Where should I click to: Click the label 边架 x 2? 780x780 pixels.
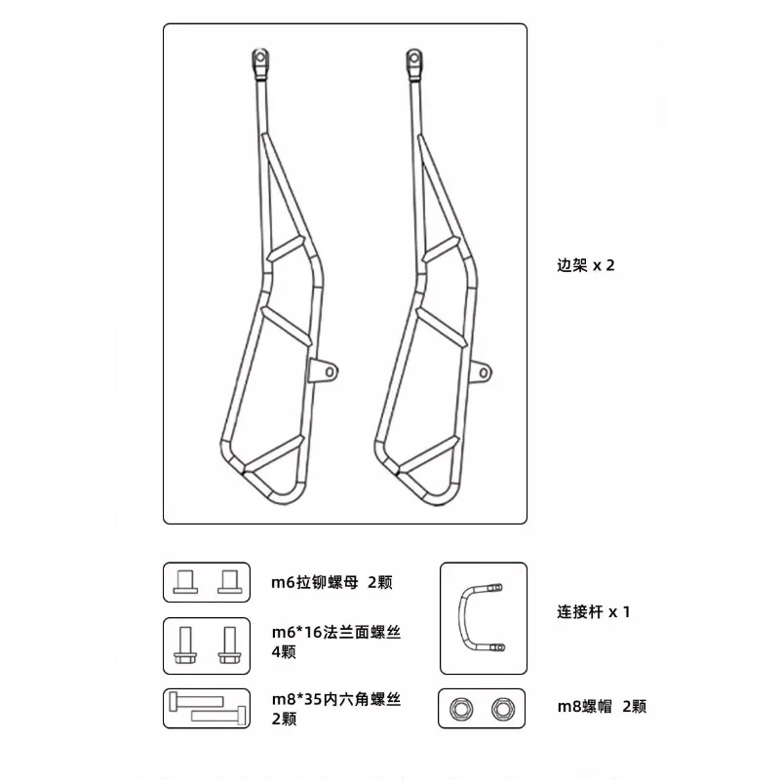586,265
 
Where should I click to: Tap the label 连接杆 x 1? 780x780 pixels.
594,611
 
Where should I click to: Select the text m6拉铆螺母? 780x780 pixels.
314,582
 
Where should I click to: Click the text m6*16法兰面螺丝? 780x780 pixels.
336,632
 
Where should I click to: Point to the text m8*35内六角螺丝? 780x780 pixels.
336,699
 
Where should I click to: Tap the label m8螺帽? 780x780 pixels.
584,706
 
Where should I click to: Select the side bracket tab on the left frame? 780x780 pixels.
323,371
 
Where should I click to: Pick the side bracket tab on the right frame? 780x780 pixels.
481,372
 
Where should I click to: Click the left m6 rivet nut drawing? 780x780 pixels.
185,582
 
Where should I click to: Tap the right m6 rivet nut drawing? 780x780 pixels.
229,582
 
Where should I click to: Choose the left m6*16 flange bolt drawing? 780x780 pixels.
185,645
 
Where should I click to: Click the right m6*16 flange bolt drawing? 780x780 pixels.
229,645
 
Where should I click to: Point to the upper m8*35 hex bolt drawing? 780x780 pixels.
196,701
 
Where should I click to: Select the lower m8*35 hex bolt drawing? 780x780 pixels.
218,717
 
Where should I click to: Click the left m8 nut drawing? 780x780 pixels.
460,709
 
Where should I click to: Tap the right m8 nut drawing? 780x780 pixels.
503,709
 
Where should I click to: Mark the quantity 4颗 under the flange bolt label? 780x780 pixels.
284,651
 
